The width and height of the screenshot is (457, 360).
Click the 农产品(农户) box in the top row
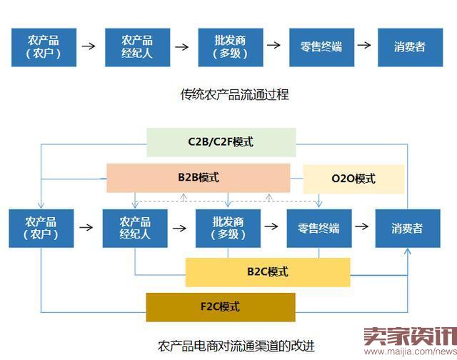[44, 46]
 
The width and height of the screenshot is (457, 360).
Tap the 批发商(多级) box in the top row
[229, 46]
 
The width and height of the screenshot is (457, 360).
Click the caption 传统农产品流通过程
[234, 94]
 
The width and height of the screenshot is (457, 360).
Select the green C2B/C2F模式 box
[221, 142]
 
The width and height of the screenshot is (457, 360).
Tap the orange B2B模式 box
[198, 178]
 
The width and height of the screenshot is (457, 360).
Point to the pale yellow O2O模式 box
[354, 179]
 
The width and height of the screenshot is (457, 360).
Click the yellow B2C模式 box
[268, 272]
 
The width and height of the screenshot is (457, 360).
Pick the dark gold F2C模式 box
[220, 307]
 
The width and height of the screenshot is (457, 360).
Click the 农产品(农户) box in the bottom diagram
[41, 228]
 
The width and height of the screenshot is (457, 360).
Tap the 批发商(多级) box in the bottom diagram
[227, 228]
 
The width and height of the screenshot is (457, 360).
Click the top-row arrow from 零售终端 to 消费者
[364, 46]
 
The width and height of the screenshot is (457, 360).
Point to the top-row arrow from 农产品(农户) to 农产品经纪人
[89, 46]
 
